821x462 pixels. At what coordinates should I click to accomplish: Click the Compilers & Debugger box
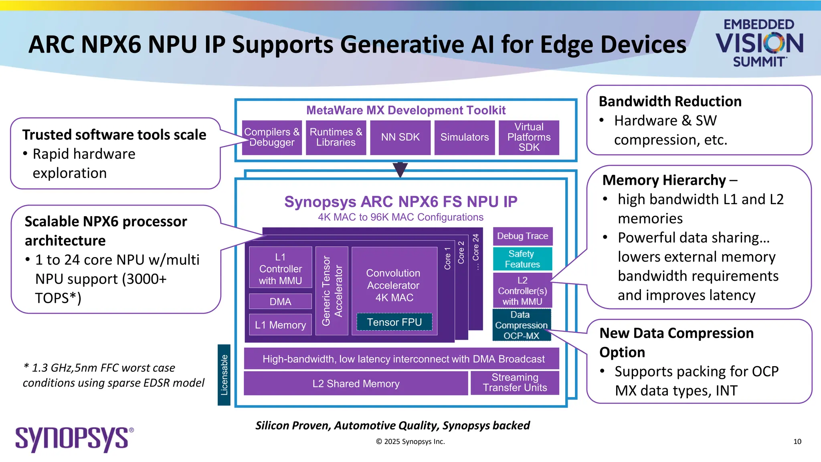(272, 138)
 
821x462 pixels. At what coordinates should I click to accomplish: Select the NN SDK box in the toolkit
(400, 138)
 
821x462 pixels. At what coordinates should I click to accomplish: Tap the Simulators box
(464, 138)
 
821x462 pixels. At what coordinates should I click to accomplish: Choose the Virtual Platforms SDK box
(529, 138)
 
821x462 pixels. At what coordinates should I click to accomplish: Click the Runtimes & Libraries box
(336, 138)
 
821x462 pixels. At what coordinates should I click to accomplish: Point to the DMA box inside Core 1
(280, 302)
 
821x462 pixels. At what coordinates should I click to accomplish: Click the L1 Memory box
(280, 325)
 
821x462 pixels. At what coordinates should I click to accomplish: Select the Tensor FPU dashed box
(394, 322)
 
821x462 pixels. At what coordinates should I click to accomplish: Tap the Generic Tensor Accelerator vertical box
(332, 291)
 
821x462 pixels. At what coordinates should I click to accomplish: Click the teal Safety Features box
(522, 259)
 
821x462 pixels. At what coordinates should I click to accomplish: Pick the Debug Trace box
(522, 236)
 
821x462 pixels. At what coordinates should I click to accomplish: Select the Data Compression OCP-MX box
(521, 325)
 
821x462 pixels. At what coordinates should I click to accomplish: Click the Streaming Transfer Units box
(515, 383)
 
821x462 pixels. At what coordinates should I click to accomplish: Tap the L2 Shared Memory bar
(356, 384)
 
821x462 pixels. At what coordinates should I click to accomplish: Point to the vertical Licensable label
(224, 375)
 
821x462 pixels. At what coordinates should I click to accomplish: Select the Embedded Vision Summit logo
(759, 43)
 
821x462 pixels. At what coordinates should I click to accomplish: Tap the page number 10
(797, 442)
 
